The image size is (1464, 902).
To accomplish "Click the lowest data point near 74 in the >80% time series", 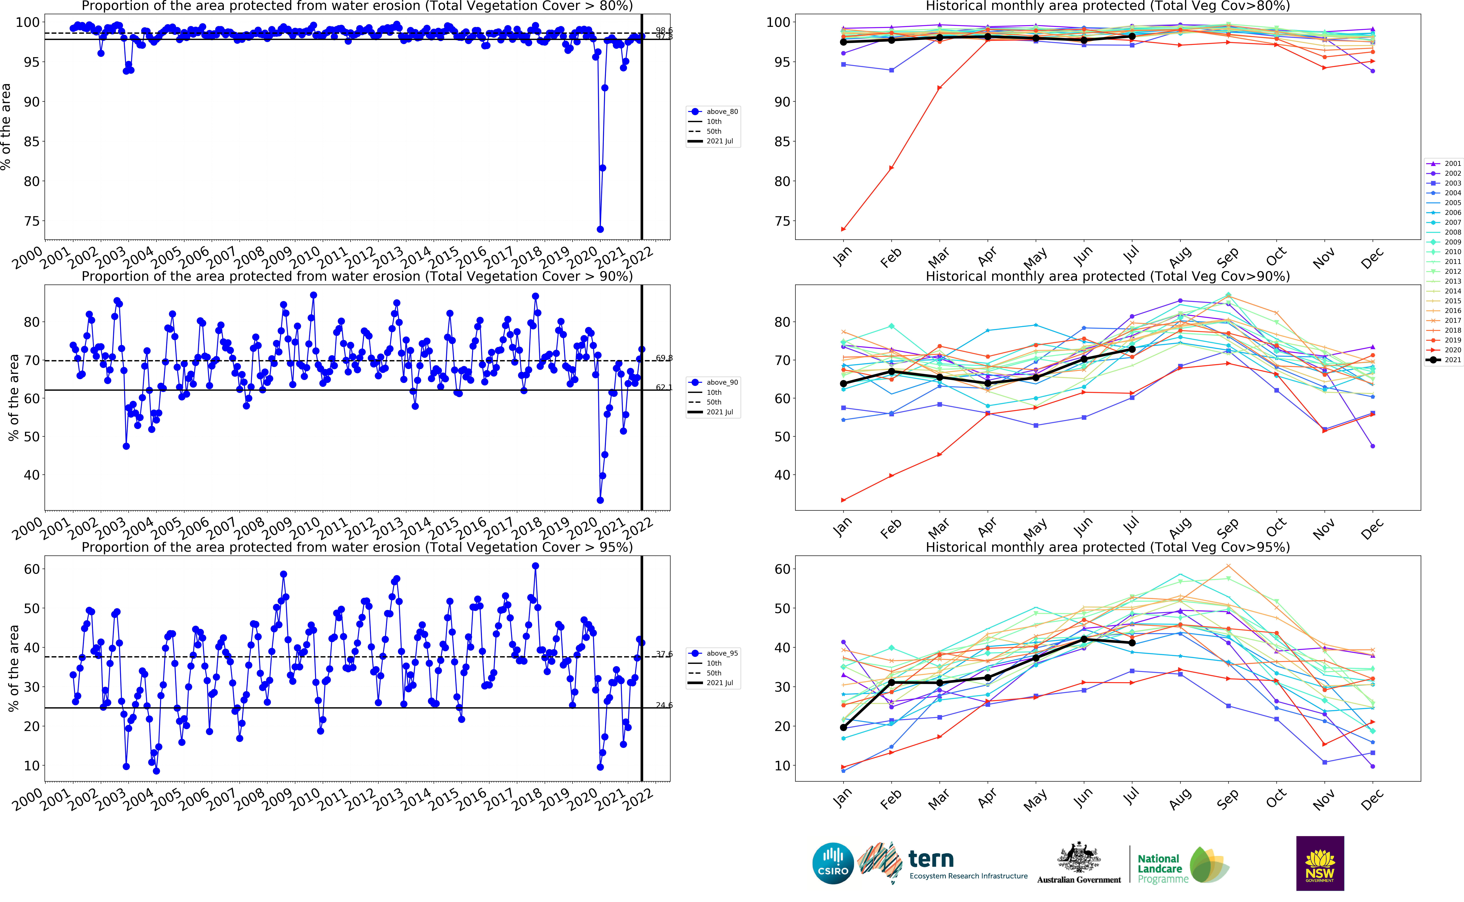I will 600,229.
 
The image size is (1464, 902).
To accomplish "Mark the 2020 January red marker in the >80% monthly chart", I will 843,229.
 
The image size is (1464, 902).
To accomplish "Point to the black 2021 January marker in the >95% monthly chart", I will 843,728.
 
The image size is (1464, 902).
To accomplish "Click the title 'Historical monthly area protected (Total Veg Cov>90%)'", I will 1107,276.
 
